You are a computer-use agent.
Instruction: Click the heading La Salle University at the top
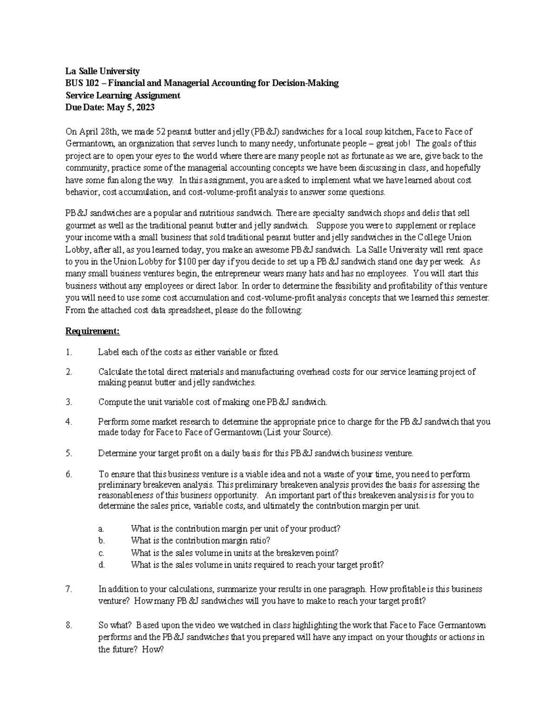[x=102, y=71]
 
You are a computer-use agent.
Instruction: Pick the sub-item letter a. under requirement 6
[x=101, y=529]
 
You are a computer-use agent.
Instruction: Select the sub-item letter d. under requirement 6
[x=101, y=565]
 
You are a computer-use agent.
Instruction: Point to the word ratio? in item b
[x=259, y=541]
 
